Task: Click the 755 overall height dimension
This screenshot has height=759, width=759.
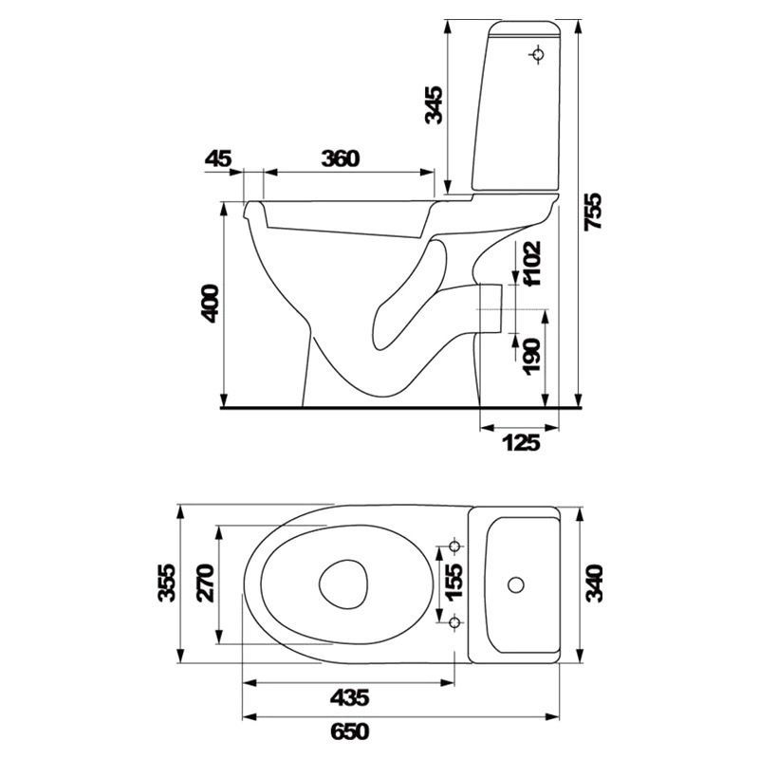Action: pyautogui.click(x=593, y=212)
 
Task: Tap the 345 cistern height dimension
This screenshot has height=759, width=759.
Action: pyautogui.click(x=434, y=105)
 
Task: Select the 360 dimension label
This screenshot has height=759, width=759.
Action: pyautogui.click(x=341, y=158)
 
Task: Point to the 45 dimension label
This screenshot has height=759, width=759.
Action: pyautogui.click(x=218, y=158)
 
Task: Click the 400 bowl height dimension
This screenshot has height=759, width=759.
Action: pyautogui.click(x=210, y=304)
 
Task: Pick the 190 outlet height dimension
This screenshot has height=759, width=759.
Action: pyautogui.click(x=531, y=357)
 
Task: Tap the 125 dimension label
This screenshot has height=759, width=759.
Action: pyautogui.click(x=521, y=442)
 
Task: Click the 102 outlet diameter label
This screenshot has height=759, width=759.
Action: pyautogui.click(x=532, y=264)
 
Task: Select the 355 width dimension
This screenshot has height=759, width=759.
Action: pyautogui.click(x=167, y=583)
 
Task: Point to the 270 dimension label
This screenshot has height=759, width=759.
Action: pyautogui.click(x=206, y=583)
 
